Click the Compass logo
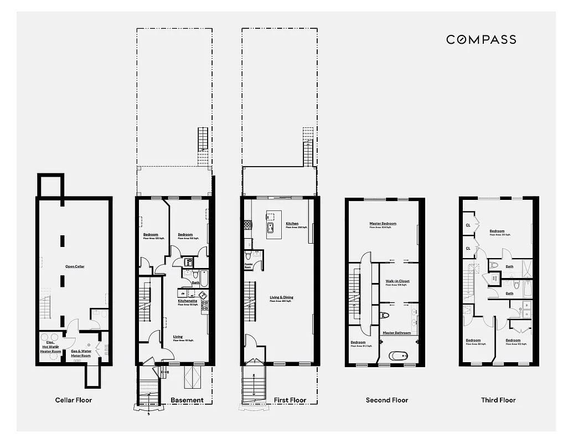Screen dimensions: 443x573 pos(481,39)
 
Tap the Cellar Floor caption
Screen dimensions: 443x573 pos(74,400)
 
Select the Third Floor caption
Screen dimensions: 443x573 pos(498,400)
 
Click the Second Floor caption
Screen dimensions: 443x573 pos(386,400)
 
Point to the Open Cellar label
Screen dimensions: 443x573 pos(75,267)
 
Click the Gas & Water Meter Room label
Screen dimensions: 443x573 pos(81,353)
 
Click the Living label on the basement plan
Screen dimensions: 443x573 pos(178,337)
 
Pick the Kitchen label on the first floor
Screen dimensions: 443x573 pos(292,224)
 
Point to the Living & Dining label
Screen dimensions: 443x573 pos(281,297)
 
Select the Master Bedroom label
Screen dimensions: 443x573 pos(383,224)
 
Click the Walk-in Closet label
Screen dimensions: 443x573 pos(398,281)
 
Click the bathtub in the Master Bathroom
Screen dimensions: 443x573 pos(398,356)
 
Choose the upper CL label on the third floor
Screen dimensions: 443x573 pos(468,225)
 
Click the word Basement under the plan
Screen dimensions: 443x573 pos(187,400)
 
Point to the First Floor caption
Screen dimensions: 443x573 pos(290,400)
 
